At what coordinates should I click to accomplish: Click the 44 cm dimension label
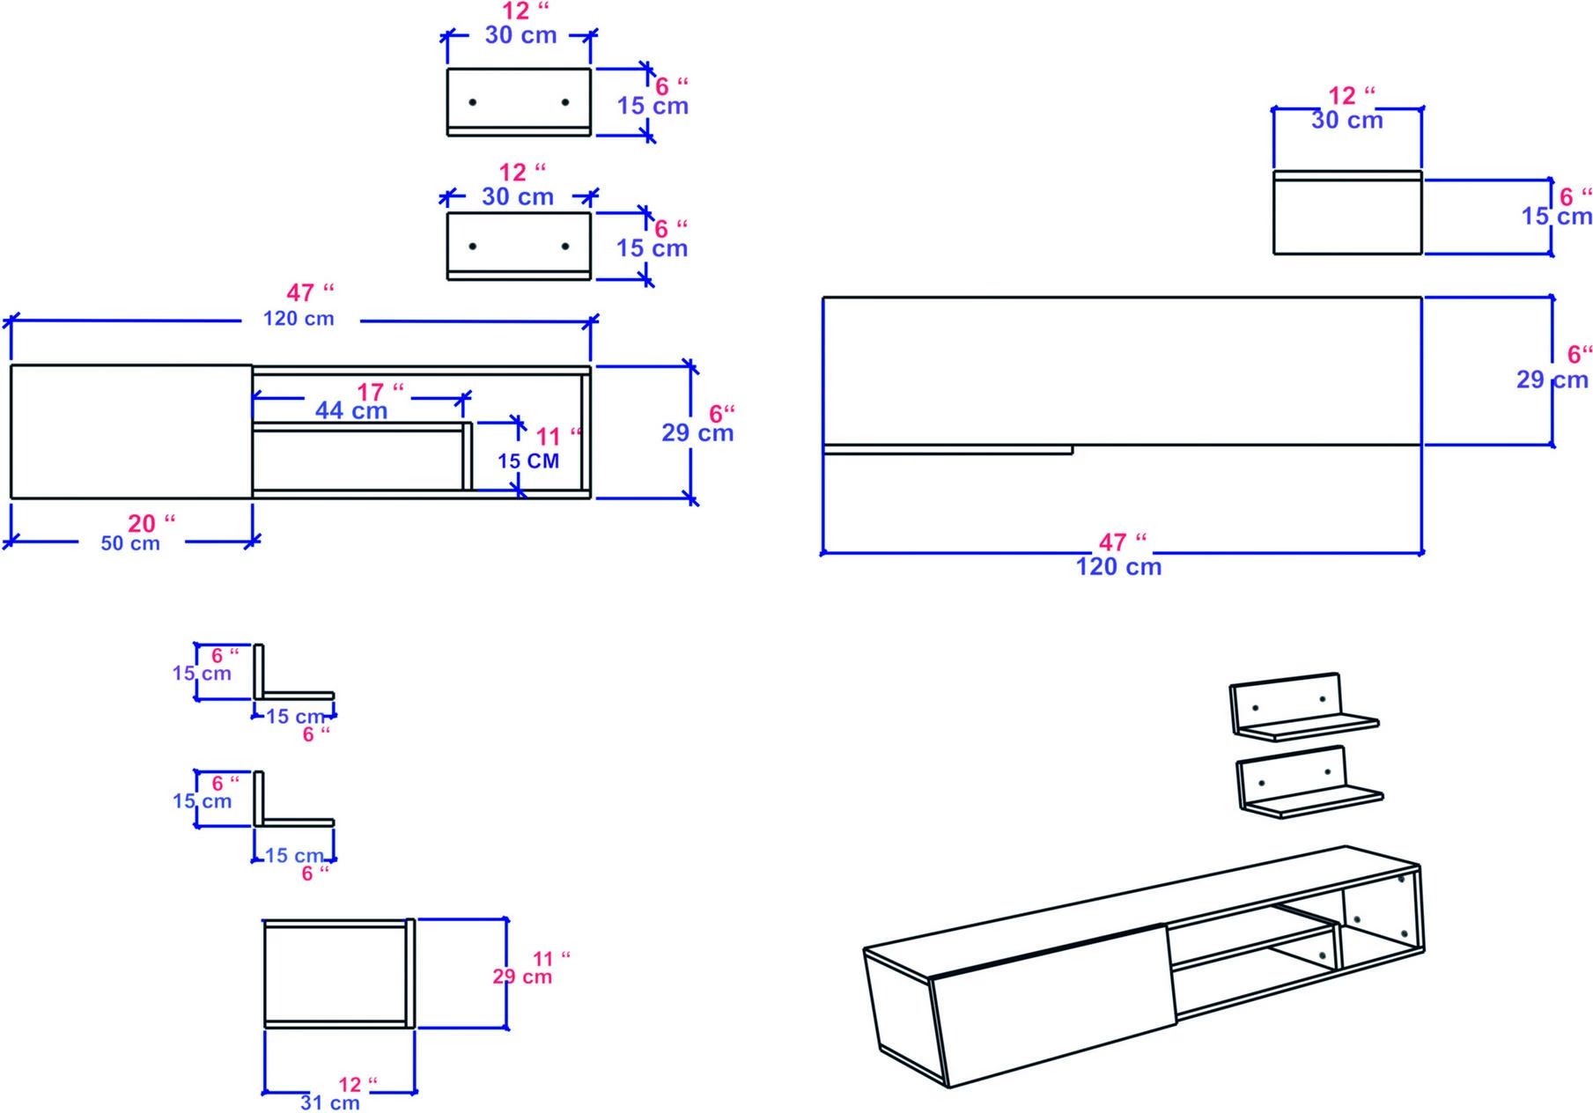pyautogui.click(x=350, y=410)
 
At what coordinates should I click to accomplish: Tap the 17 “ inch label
pyautogui.click(x=380, y=392)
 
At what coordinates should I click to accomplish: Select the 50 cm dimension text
pyautogui.click(x=130, y=543)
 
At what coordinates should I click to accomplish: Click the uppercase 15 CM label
pyautogui.click(x=527, y=461)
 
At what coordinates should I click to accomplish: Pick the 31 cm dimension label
pyautogui.click(x=329, y=1102)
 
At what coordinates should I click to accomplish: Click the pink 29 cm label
pyautogui.click(x=522, y=977)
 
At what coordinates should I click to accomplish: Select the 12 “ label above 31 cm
pyautogui.click(x=358, y=1085)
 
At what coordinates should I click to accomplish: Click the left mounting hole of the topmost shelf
pyautogui.click(x=473, y=103)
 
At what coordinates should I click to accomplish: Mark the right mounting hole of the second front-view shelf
pyautogui.click(x=564, y=247)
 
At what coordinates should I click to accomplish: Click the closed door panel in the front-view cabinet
pyautogui.click(x=131, y=431)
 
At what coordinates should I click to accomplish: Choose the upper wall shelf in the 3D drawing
pyautogui.click(x=1303, y=709)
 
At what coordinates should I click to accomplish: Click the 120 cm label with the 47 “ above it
pyautogui.click(x=299, y=319)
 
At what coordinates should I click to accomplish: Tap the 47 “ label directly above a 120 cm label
pyautogui.click(x=310, y=292)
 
